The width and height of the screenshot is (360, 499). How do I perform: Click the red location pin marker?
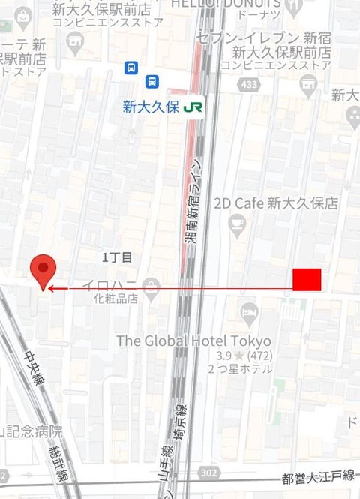(x=42, y=269)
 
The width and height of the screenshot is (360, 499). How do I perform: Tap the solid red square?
(x=307, y=278)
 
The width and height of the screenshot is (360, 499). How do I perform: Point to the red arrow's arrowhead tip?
(x=50, y=287)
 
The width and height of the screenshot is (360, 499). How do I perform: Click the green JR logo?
(x=193, y=107)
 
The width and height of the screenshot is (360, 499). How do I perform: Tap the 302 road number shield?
(x=210, y=473)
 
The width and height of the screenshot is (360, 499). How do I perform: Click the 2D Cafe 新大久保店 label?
(x=275, y=203)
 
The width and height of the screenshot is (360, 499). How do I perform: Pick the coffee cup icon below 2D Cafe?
(x=238, y=222)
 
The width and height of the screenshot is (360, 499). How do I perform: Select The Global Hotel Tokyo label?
(x=193, y=341)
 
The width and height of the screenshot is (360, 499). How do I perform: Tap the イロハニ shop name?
(x=109, y=284)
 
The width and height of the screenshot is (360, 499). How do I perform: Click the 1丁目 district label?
(x=118, y=257)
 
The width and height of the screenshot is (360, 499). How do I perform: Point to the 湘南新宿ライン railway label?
(x=193, y=202)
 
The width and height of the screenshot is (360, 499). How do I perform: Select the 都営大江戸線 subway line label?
(x=319, y=478)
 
